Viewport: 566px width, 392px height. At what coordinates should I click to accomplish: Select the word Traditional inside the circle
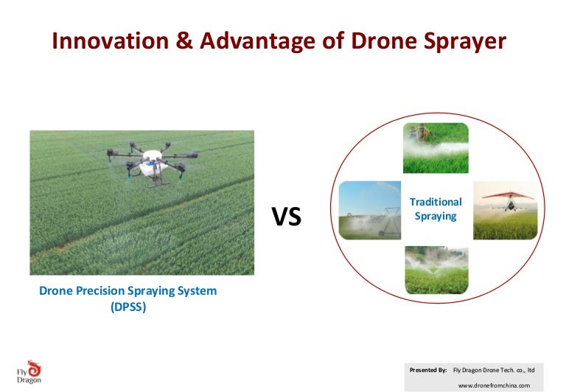(436, 201)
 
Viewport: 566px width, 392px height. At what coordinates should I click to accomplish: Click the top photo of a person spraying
(436, 147)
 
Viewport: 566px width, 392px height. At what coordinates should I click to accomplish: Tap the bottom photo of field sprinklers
(436, 270)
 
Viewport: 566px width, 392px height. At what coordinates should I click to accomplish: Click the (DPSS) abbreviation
(128, 307)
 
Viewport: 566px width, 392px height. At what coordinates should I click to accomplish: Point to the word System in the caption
(198, 291)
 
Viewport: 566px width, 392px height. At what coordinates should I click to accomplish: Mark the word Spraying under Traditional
(436, 217)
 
